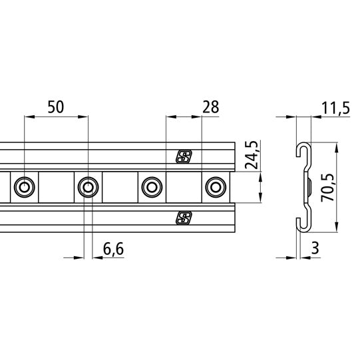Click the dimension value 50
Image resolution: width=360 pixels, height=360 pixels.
click(x=55, y=107)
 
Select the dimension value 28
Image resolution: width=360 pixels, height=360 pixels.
click(x=211, y=107)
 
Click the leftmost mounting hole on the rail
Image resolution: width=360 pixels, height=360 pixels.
click(x=25, y=187)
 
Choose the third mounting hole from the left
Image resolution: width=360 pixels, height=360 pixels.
click(x=150, y=187)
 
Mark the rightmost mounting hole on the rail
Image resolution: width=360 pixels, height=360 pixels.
click(x=214, y=187)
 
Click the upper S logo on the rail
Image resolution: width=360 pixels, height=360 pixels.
click(x=184, y=157)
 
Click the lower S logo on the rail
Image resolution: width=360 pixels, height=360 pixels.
click(x=184, y=218)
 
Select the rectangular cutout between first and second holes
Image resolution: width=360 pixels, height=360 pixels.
click(x=55, y=187)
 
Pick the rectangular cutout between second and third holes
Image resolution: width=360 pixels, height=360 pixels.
click(x=118, y=187)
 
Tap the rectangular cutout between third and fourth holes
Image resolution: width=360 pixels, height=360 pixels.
click(x=182, y=187)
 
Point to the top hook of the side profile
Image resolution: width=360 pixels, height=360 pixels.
click(x=301, y=150)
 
